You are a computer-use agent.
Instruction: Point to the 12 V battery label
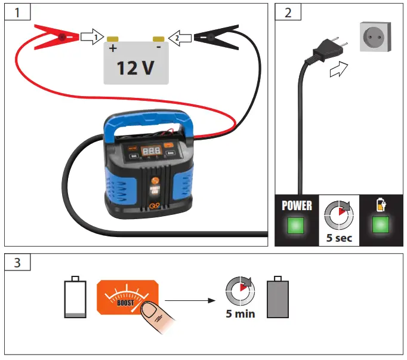pos(135,68)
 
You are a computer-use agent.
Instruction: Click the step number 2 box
pos(288,12)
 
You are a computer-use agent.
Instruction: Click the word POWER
pos(297,205)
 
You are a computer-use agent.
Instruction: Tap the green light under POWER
pos(297,225)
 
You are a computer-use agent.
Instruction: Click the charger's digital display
pos(150,150)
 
